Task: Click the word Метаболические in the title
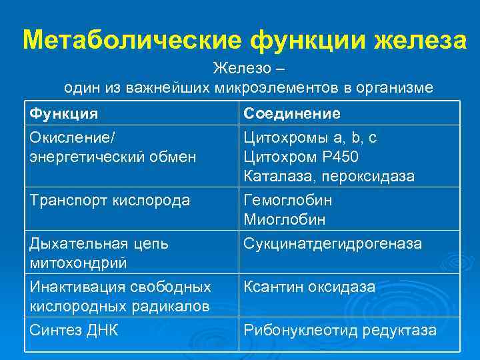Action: pos(131,40)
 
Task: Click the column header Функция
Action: pos(64,113)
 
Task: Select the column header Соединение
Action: pos(292,113)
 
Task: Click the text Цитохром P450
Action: pos(301,157)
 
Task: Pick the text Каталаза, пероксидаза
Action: pos(329,177)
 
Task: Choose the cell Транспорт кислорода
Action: pos(110,200)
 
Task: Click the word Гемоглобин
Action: pos(288,200)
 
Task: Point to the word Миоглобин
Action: pos(285,219)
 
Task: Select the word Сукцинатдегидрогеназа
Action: pos(333,243)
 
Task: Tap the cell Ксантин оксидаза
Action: pos(309,287)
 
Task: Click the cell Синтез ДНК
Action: pos(74,329)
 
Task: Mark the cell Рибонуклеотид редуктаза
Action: pos(340,329)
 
